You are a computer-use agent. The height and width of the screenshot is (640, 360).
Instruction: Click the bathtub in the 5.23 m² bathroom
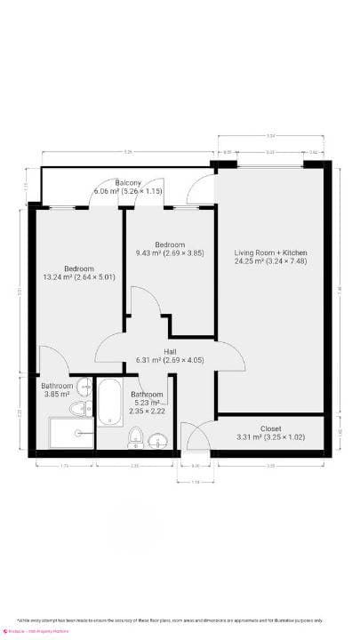coord(110,402)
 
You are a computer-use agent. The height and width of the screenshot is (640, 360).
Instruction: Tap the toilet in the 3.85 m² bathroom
coord(79,409)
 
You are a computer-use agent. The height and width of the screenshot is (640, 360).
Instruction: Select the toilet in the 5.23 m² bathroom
coord(136,436)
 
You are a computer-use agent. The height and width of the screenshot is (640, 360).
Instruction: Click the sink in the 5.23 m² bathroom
coord(157,440)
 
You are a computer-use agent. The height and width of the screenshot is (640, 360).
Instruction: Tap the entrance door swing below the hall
coord(195,437)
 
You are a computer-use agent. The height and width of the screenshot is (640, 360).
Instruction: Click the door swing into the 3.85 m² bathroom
coord(52,361)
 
